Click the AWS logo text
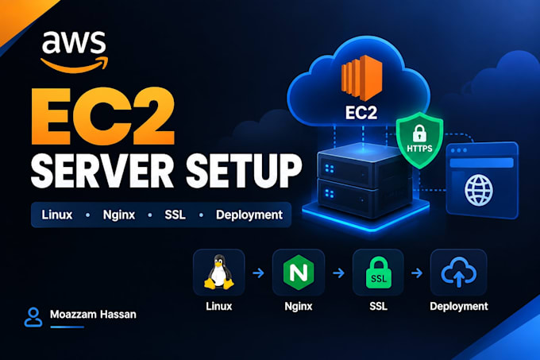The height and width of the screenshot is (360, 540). tap(74, 42)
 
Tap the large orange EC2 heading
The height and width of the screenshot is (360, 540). tap(102, 117)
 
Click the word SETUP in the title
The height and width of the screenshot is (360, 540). tap(244, 171)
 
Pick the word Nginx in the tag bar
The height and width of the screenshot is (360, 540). tap(119, 215)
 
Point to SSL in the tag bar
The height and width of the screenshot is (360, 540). tap(175, 215)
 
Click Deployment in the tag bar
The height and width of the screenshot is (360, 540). tap(249, 215)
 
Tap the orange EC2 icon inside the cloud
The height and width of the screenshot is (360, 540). tap(361, 78)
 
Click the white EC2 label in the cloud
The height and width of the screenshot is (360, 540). tap(361, 113)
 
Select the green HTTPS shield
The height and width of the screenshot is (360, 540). tap(419, 140)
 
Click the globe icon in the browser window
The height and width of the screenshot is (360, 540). tap(479, 190)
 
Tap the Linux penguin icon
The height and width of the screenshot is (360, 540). tap(219, 272)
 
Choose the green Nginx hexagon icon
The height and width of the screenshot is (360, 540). tap(299, 273)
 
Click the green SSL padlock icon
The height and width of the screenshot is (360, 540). tap(379, 272)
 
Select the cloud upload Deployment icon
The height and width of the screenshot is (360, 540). tap(459, 272)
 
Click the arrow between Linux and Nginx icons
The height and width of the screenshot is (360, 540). tap(259, 273)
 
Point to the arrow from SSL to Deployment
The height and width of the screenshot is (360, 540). tap(417, 273)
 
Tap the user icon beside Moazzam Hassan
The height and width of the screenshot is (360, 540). tap(33, 317)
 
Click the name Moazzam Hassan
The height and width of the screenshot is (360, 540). tap(93, 314)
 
